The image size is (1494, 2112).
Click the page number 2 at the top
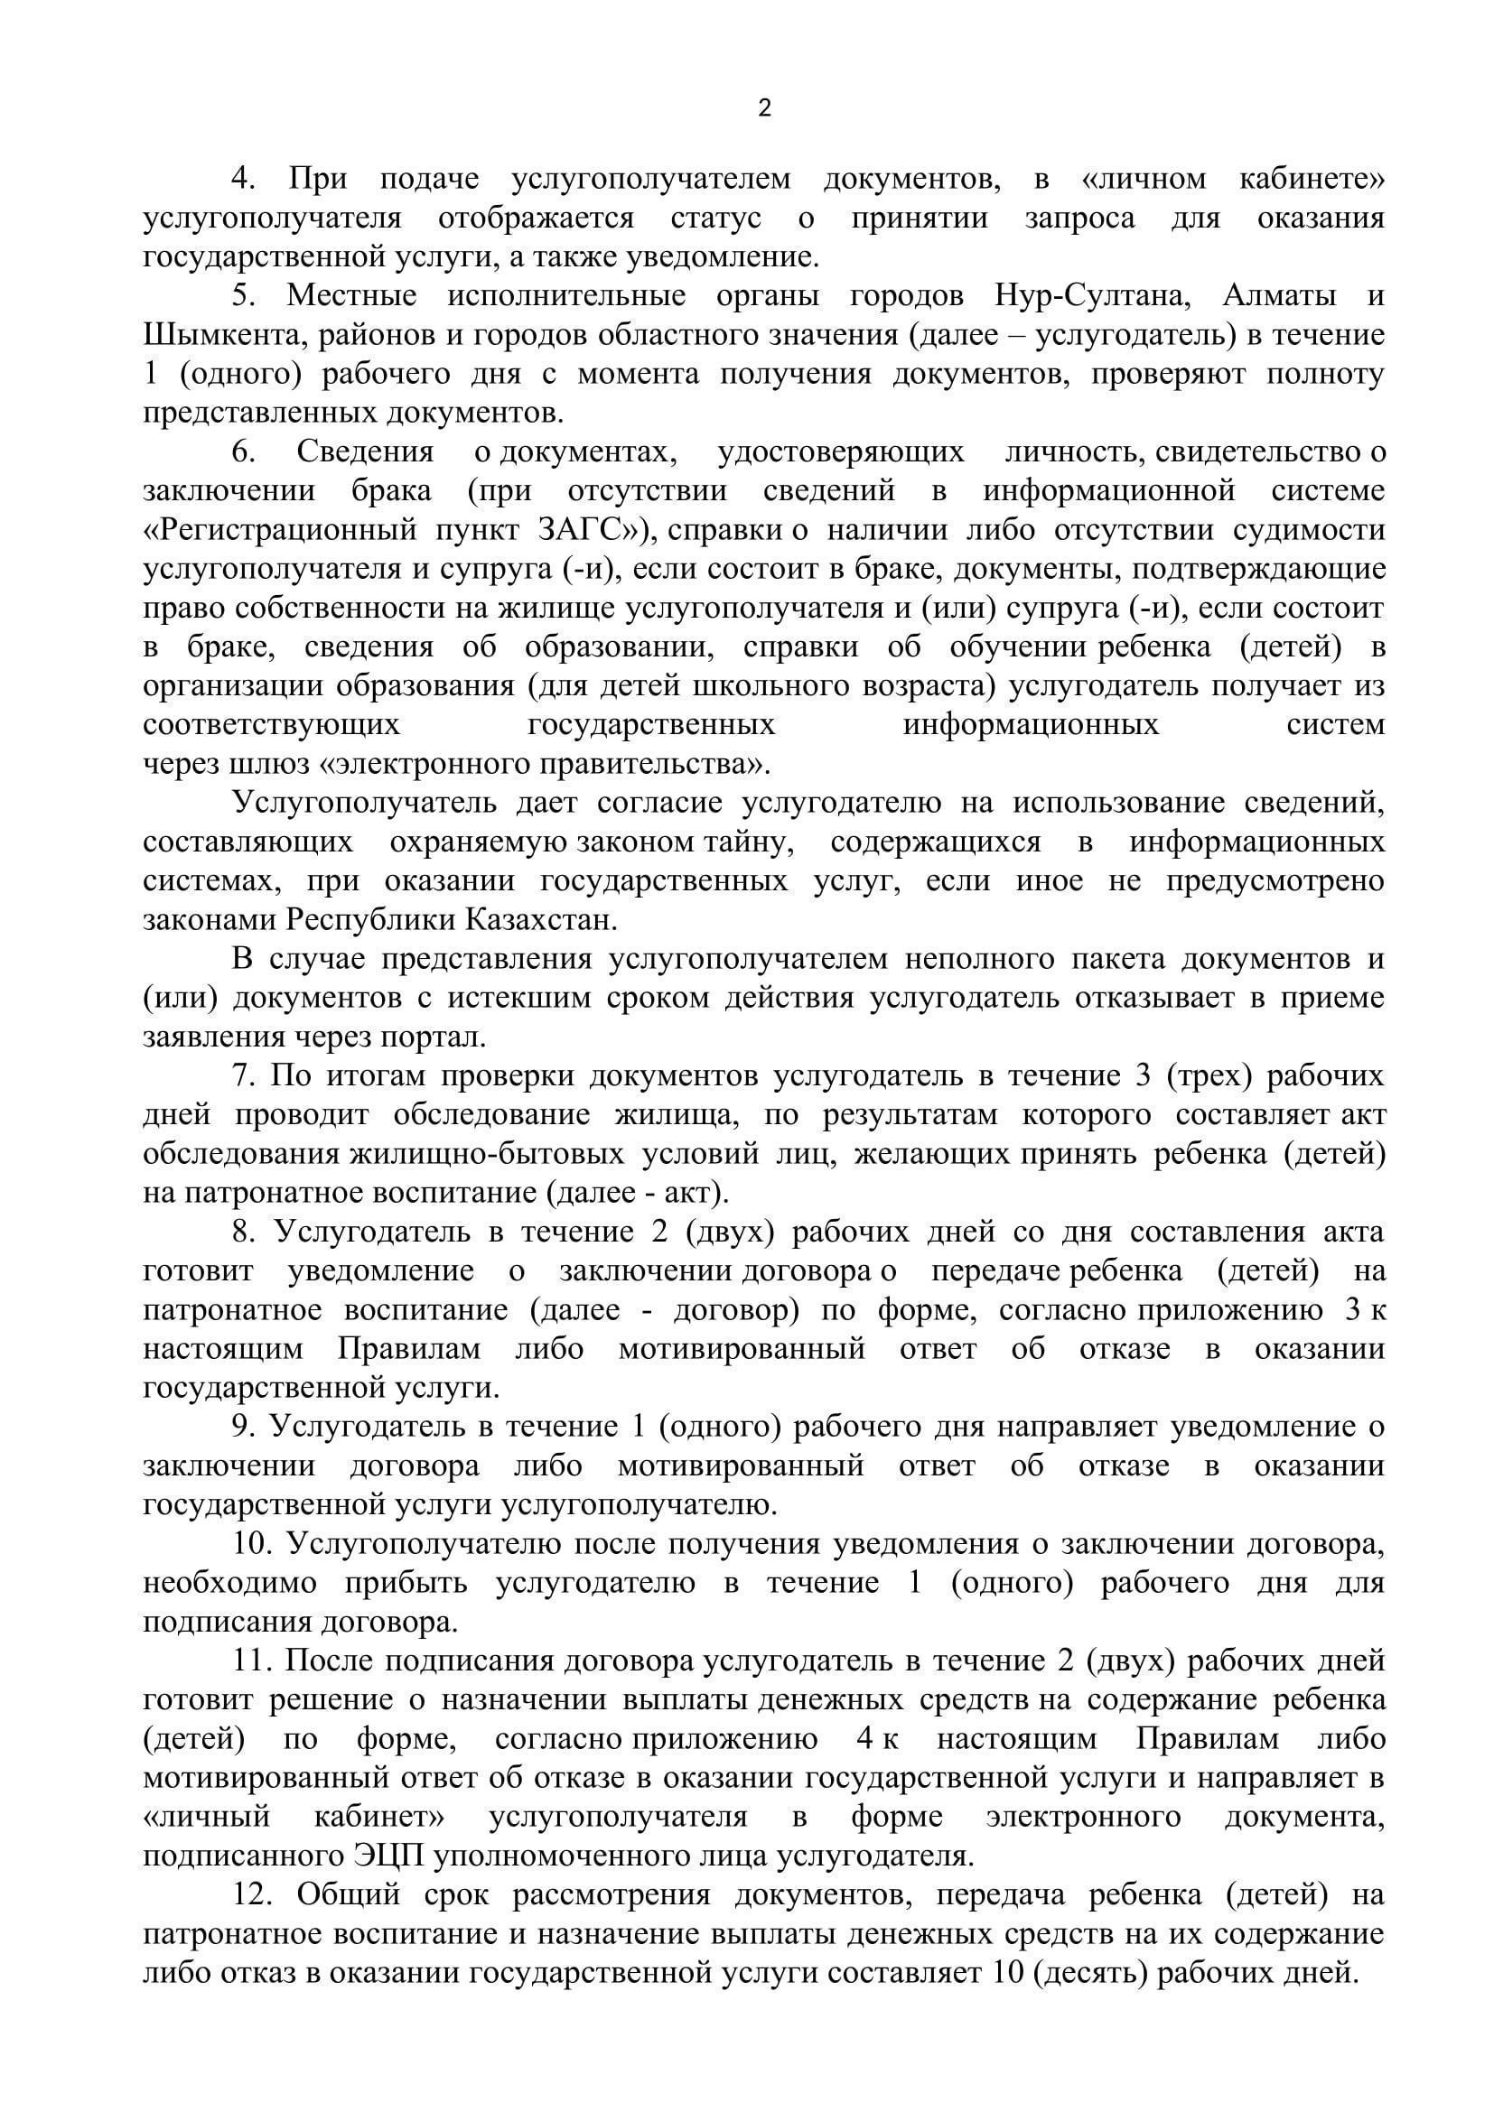pos(764,108)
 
